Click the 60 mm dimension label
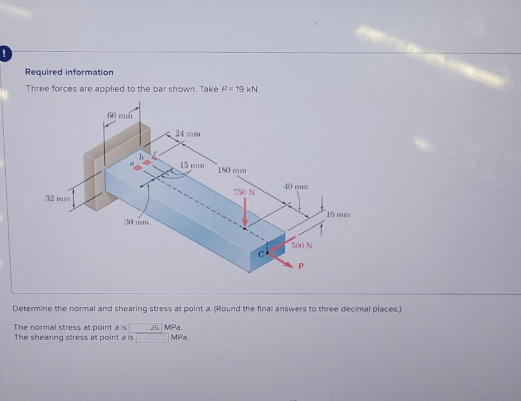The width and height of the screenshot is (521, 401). coord(119,115)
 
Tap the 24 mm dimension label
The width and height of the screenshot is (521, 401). coord(188,134)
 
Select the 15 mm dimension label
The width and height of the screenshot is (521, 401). coord(192,165)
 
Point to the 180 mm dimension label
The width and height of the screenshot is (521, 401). coord(232,170)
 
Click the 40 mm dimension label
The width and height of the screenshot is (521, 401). coord(296,186)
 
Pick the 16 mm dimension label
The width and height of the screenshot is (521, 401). coord(338,215)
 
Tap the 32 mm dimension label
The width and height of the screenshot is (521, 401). coord(58,198)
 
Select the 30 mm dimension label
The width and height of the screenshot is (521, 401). coord(136,222)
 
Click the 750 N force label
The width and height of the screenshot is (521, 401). coord(244,192)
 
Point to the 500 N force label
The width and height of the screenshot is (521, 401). coord(301,246)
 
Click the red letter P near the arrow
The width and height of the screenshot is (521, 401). coord(301,266)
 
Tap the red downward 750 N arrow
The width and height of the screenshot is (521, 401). coord(245,213)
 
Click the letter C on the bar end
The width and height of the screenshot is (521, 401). coord(261,254)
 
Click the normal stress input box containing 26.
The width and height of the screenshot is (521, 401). coord(145,327)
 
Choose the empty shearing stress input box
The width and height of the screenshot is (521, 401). coord(153,338)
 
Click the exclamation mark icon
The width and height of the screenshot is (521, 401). coord(4,54)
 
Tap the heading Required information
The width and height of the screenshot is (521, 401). coord(69,72)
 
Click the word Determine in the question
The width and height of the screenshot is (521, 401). coord(32,309)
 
